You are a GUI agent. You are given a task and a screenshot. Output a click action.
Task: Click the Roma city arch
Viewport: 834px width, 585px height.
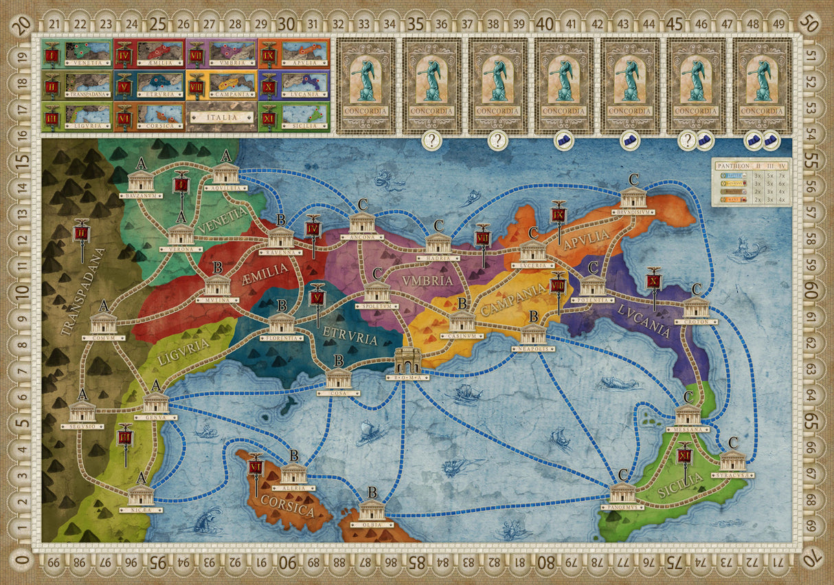point(407,360)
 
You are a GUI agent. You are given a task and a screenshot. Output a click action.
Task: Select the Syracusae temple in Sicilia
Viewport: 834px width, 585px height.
point(733,461)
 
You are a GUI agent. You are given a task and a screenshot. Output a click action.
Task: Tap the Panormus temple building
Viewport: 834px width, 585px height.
point(622,492)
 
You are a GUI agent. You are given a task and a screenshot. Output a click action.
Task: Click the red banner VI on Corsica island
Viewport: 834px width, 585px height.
point(256,467)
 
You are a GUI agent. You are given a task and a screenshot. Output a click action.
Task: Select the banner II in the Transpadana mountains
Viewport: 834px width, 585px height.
point(82,234)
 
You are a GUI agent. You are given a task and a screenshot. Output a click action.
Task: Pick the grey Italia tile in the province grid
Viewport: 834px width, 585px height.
point(222,118)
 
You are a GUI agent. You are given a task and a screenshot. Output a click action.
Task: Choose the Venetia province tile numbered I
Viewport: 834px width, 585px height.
point(76,52)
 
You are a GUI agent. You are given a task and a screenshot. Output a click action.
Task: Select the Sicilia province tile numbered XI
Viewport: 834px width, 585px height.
point(294,118)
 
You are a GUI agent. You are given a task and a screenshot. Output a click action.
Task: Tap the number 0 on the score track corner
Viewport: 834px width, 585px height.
point(23,562)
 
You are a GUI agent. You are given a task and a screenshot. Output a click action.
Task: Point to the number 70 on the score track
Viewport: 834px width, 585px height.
point(813,562)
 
